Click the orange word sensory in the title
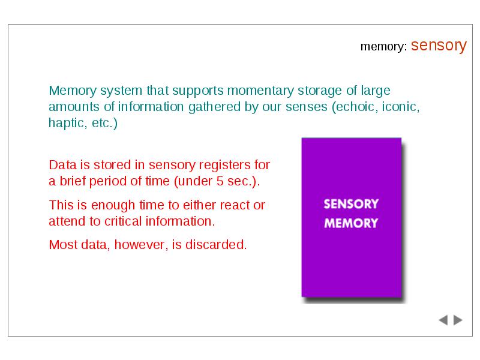439,46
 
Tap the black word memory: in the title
384,47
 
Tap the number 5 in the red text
220,181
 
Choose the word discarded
216,245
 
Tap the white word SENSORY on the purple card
351,204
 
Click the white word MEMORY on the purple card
351,223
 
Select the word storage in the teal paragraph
320,91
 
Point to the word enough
113,205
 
